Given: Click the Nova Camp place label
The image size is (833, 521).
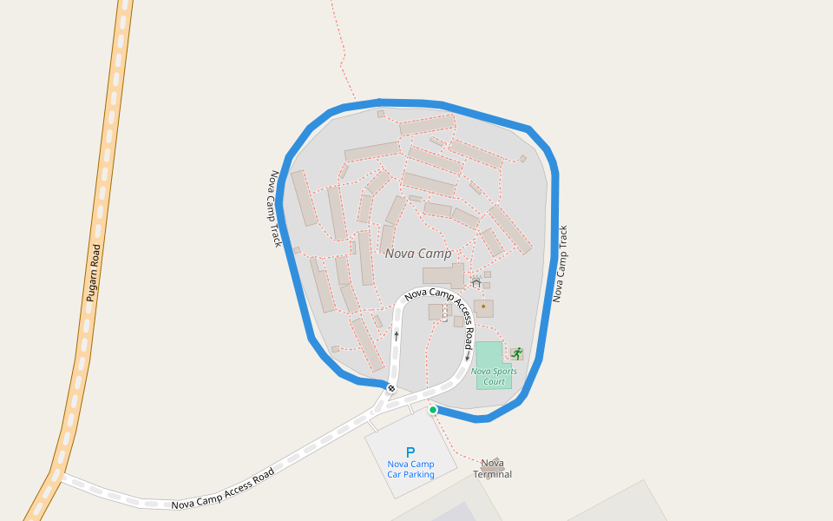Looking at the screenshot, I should coord(418,254).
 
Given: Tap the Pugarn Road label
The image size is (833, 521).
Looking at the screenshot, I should coord(94,273).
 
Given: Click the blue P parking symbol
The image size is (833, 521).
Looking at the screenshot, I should coord(410,452).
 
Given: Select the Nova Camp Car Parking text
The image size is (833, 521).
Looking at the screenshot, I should coord(410,469).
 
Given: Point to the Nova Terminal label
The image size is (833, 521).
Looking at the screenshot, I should coord(492,469).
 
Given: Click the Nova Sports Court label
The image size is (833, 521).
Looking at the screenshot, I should coord(494,376).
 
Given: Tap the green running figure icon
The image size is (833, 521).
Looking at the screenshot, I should coord(517,353).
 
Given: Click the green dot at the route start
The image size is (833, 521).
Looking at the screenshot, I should coord(433,410).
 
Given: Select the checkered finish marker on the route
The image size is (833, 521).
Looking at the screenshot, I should coord(391,388).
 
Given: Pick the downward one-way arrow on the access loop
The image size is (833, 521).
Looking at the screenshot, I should coord(468,356).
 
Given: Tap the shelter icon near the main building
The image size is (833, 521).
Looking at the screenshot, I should coord(476,282).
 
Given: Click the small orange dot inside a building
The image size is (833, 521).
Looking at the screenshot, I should coord(483,307).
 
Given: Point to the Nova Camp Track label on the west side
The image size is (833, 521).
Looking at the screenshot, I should coord(276,208).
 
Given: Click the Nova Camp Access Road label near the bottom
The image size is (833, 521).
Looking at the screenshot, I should coord(223,489).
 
